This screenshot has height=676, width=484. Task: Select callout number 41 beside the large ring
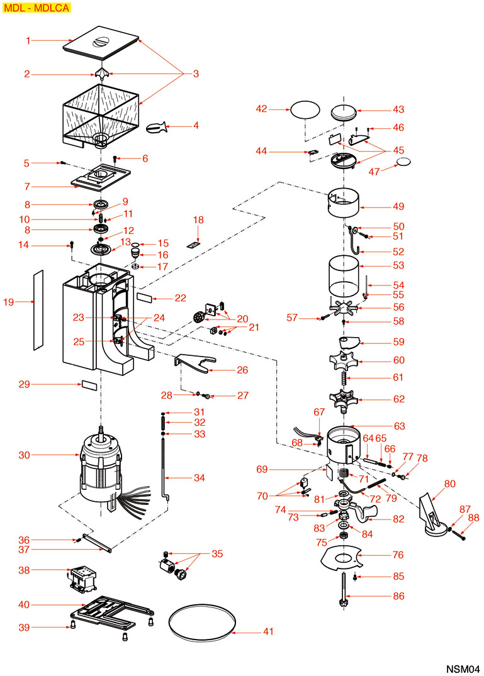click(268, 631)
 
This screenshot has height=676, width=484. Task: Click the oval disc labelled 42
click(305, 109)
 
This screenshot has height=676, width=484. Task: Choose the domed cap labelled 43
click(344, 111)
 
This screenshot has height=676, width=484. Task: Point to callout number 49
click(398, 206)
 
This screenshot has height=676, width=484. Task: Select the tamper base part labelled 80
click(434, 513)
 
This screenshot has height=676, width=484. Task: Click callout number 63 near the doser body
click(400, 426)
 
